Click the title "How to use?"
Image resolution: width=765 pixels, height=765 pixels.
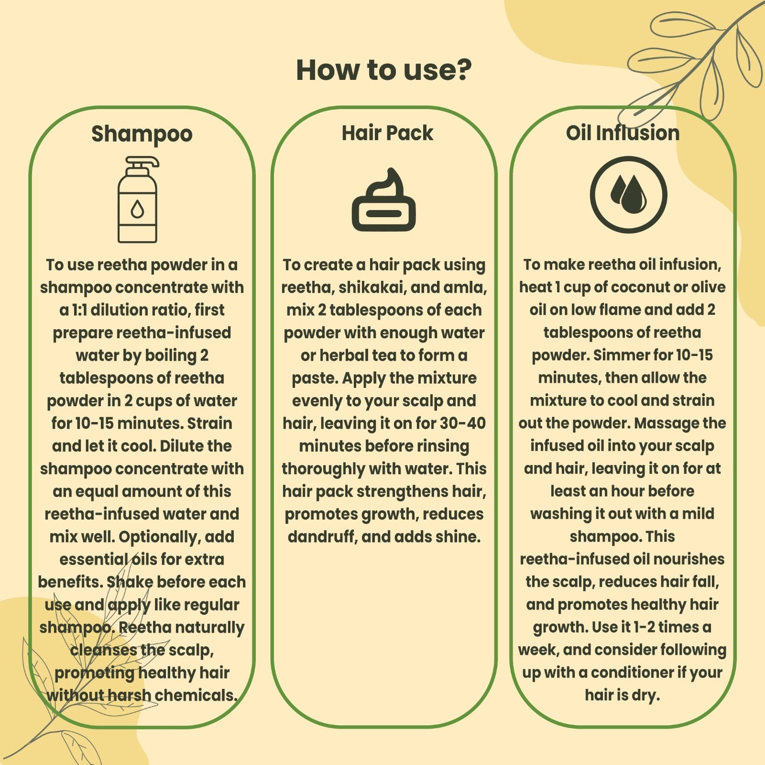click(383, 70)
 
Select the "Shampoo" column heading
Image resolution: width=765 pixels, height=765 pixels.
click(142, 134)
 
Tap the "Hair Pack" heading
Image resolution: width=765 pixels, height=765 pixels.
click(387, 133)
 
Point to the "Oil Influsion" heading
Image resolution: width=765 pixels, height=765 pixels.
click(623, 133)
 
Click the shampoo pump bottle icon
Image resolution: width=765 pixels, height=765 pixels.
click(138, 199)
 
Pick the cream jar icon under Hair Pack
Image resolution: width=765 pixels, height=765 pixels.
click(384, 200)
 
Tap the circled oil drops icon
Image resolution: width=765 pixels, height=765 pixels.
click(628, 195)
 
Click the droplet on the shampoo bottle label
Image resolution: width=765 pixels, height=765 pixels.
click(137, 209)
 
